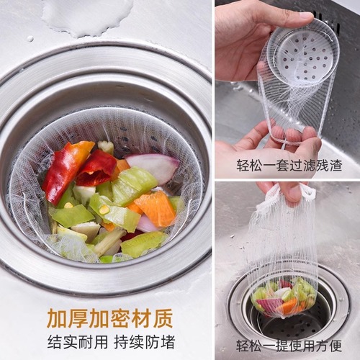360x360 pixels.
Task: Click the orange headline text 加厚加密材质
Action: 109,318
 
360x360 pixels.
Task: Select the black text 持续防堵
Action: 143,341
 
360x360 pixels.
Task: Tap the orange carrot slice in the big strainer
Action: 156,208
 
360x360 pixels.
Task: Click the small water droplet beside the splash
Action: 30,38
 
